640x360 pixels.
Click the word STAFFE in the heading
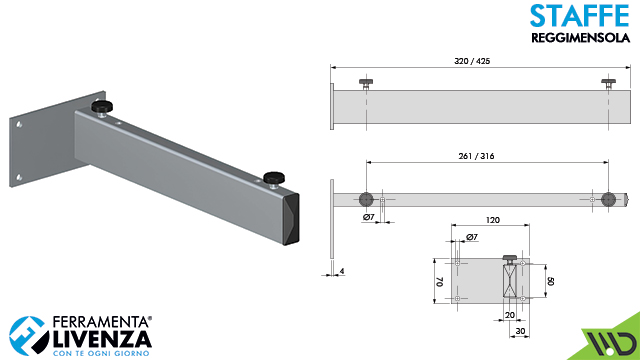coord(580,16)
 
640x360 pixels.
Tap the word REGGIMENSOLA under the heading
coord(580,38)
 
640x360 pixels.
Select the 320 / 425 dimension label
coord(472,61)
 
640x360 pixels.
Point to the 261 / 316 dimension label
coord(476,156)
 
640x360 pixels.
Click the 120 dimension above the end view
coord(493,220)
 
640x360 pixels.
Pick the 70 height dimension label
coord(440,281)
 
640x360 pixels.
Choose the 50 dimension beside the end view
coord(551,281)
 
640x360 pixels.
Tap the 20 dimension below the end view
coord(510,315)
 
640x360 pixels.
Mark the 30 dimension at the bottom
coord(520,331)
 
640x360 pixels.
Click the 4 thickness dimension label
coord(342,271)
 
